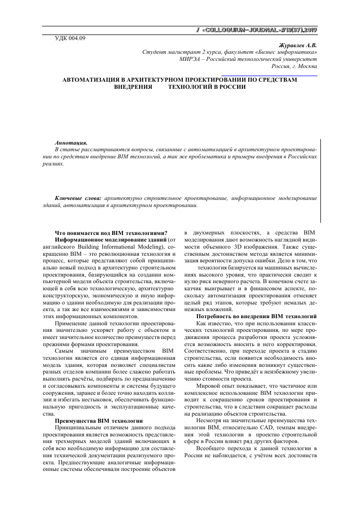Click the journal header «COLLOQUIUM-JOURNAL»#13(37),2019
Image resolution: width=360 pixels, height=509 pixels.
point(258,30)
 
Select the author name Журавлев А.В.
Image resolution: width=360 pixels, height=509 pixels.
point(300,45)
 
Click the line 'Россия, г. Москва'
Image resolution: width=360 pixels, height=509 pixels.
point(295,66)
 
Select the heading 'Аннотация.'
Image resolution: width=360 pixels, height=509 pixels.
point(71,144)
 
